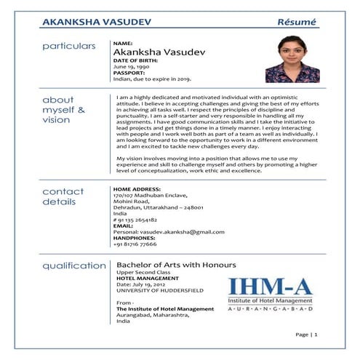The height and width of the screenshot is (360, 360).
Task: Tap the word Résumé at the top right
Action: coord(297,22)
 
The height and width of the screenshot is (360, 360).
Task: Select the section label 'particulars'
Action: coord(69,46)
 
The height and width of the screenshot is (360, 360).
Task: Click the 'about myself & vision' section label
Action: coord(64,110)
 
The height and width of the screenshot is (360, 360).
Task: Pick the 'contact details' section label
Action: coord(63,196)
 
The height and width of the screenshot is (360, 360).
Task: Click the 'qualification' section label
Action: coord(73,265)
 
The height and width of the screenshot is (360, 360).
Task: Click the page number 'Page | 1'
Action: coord(307,335)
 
